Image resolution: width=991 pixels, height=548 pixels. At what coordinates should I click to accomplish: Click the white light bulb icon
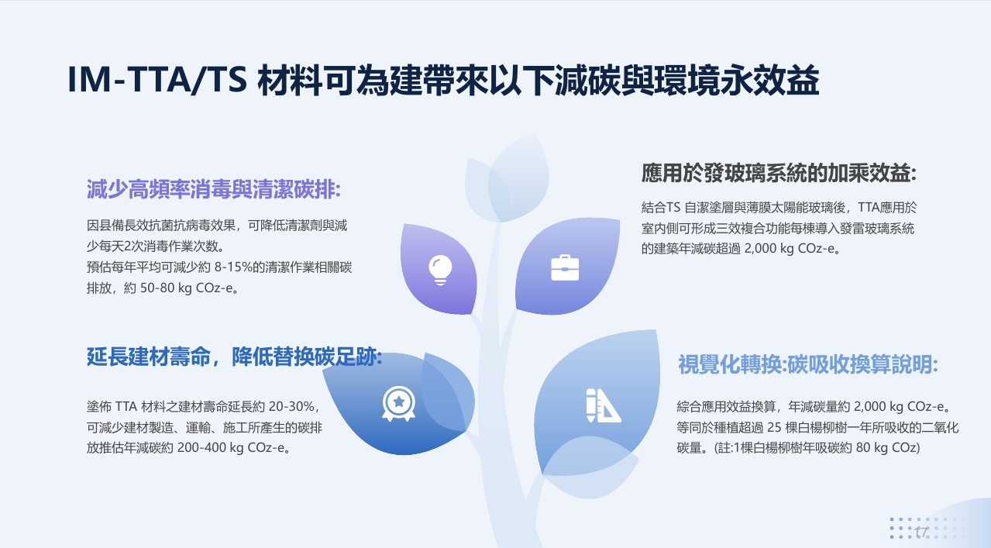point(440,270)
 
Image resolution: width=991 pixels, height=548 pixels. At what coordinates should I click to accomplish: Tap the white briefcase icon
point(565,268)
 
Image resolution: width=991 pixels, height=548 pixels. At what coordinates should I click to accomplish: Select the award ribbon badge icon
point(398,404)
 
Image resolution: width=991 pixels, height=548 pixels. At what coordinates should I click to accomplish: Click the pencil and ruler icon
point(604,405)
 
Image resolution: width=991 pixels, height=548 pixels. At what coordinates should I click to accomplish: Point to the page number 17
point(921,532)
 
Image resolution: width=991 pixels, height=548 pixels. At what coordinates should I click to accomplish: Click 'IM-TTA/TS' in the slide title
point(157,80)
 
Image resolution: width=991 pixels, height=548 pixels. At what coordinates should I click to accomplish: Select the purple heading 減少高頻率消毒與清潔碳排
point(214,189)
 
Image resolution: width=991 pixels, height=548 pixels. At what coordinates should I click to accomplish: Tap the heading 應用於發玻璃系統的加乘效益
point(779,173)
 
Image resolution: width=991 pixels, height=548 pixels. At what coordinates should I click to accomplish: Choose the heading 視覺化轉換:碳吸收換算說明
point(808,364)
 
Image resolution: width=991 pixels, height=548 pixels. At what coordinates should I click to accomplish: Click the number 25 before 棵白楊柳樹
point(774,427)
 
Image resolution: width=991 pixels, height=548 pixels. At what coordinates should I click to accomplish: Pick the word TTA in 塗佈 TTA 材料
point(126,406)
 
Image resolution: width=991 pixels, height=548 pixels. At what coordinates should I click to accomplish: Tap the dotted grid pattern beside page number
point(927,528)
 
